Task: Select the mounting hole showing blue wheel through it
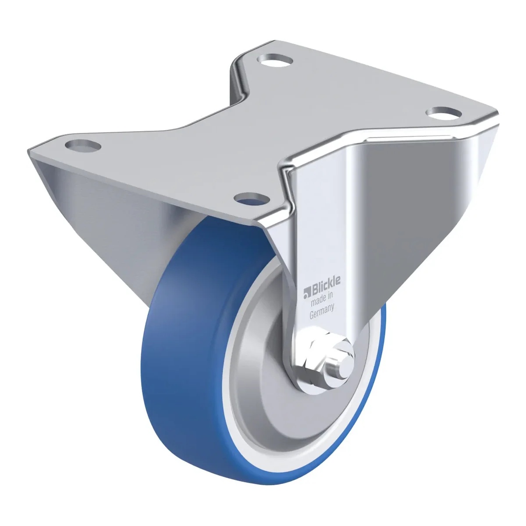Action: tap(252, 199)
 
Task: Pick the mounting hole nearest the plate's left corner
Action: tap(83, 145)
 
